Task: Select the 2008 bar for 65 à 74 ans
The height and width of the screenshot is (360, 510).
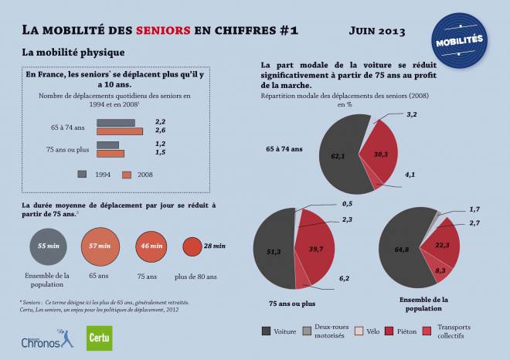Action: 120,131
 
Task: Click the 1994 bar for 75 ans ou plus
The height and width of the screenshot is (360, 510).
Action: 107,144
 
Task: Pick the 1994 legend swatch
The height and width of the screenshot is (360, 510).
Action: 82,174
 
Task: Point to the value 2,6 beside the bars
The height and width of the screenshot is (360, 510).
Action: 161,131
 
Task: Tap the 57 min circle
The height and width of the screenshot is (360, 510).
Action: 98,246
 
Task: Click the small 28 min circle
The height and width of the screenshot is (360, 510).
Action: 192,246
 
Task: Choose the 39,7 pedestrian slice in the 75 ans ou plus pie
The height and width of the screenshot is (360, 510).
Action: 315,249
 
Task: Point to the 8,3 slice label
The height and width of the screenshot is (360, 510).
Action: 440,270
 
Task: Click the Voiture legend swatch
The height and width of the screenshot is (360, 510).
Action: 267,331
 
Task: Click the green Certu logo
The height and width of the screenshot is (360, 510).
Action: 99,337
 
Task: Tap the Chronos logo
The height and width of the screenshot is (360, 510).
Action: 46,338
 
